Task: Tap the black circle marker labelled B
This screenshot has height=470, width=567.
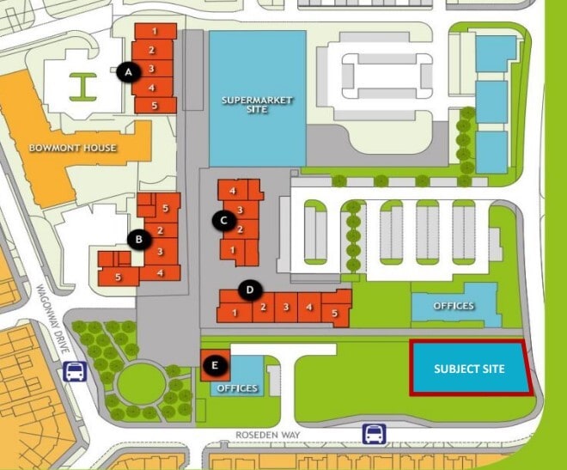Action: [135, 238]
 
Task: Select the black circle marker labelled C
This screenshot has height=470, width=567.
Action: [223, 221]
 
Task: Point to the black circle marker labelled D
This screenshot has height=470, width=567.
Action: [249, 290]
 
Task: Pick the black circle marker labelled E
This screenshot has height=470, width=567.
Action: [216, 367]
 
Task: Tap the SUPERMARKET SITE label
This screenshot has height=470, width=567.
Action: [257, 105]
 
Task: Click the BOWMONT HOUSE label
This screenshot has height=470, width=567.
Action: [73, 148]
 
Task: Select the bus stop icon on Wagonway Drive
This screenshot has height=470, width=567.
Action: [75, 372]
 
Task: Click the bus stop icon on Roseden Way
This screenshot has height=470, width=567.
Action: [374, 433]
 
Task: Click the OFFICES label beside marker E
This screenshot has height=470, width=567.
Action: [238, 388]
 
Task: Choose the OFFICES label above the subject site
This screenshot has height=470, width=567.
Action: [454, 306]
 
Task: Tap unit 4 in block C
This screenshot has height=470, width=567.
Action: [233, 190]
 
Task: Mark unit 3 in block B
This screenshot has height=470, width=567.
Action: [160, 251]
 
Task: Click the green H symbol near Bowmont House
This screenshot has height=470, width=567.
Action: [83, 85]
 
